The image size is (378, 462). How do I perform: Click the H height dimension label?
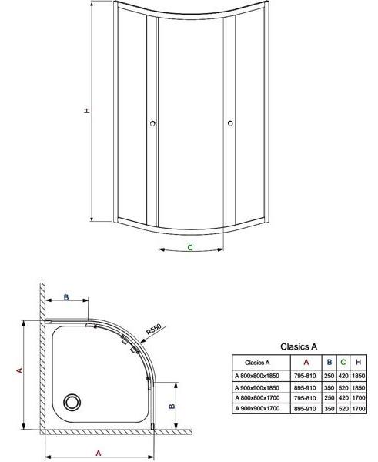[87, 110]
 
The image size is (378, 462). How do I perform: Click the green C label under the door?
[190, 247]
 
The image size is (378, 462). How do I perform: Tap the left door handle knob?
[152, 123]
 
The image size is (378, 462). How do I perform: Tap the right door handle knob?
[230, 123]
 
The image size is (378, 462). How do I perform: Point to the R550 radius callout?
[154, 329]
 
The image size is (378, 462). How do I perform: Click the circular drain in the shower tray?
[72, 402]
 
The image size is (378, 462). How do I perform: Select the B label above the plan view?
[66, 297]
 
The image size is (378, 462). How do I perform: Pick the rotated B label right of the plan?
[172, 407]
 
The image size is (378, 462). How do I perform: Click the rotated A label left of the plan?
[20, 370]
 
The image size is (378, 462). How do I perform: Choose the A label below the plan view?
[99, 453]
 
